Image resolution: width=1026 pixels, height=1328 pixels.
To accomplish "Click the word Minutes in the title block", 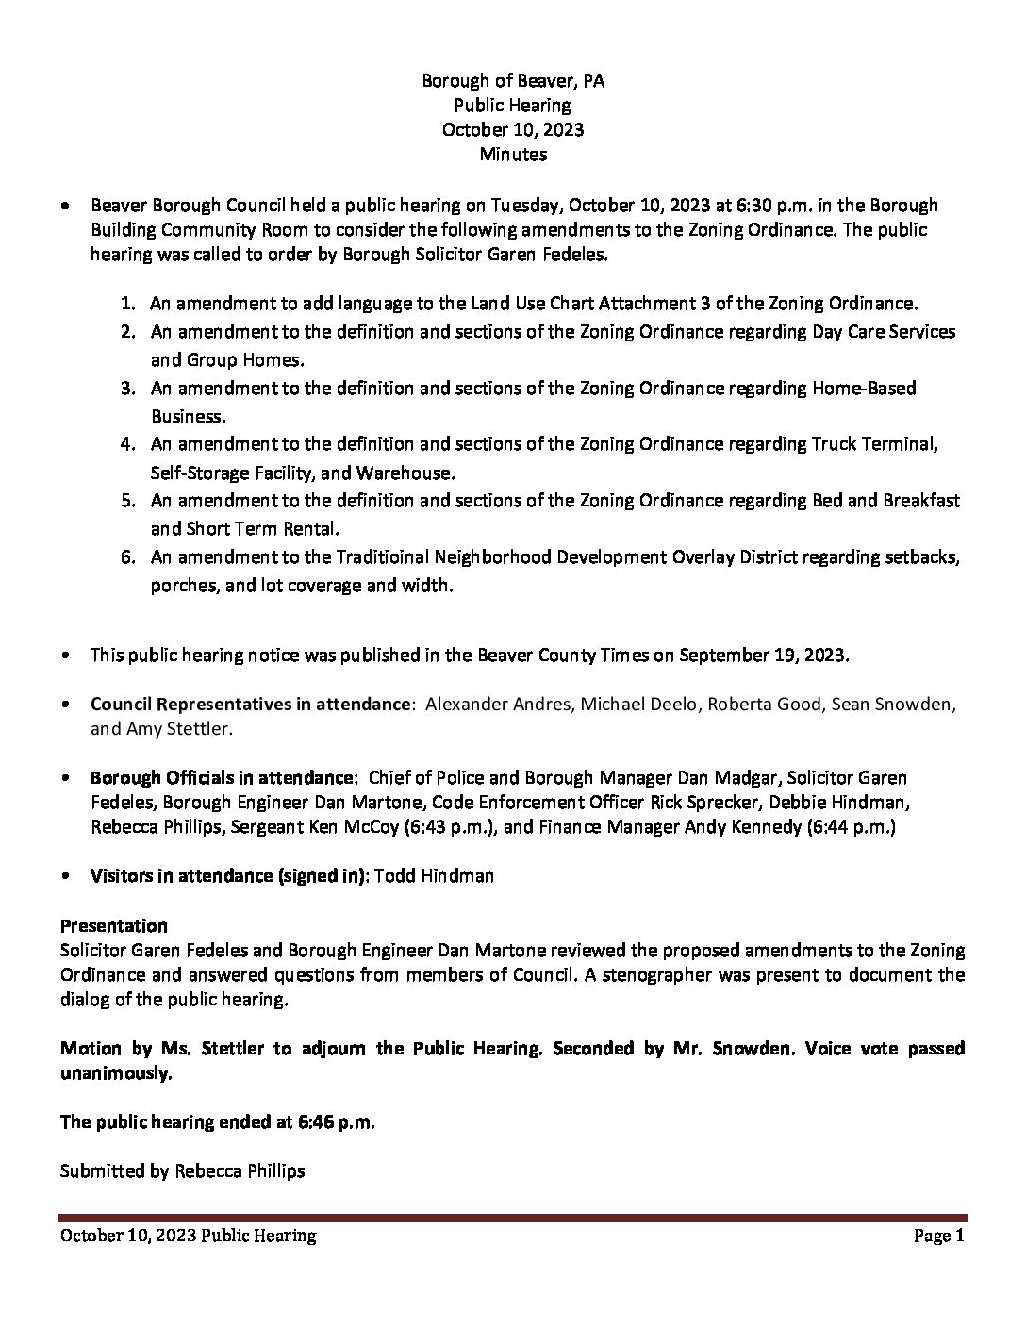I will (x=513, y=154).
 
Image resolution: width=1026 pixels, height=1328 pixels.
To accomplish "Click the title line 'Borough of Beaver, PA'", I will (x=513, y=81).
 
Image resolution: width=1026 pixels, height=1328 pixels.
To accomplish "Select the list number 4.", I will (x=127, y=444).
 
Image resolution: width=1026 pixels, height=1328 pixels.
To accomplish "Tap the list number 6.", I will (x=127, y=557).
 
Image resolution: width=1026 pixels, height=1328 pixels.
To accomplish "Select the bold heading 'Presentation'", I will (x=114, y=925).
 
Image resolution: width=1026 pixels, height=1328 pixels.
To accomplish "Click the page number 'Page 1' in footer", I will (x=939, y=1236).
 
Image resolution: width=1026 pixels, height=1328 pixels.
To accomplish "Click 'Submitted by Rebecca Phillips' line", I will (x=183, y=1171).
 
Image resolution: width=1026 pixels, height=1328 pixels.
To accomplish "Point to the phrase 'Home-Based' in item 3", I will (x=864, y=389).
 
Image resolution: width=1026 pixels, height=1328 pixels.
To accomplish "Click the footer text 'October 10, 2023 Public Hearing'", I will (x=189, y=1236).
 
